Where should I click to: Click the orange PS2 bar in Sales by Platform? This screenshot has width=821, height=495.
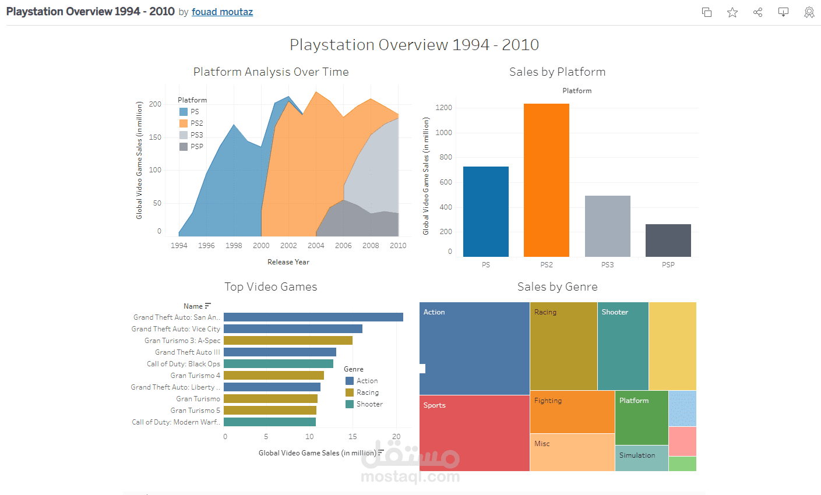tap(546, 181)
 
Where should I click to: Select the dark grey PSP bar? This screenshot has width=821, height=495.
tap(668, 241)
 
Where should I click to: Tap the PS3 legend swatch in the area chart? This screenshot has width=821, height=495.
tap(184, 135)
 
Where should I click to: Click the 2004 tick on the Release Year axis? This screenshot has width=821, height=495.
tap(316, 246)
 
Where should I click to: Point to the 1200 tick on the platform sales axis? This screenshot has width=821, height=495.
tap(443, 108)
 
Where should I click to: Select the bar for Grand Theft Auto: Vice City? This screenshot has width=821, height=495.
tap(293, 329)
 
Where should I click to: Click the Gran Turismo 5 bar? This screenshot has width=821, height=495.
tap(270, 411)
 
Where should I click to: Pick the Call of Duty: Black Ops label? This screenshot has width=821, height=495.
tap(184, 364)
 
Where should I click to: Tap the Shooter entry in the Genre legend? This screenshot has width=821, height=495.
tap(369, 404)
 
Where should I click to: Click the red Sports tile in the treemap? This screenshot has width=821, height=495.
tap(474, 434)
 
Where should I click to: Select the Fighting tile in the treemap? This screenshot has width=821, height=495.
tap(572, 412)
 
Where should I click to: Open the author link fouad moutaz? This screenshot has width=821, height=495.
tap(222, 12)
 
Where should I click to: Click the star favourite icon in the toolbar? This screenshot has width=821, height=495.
tap(732, 12)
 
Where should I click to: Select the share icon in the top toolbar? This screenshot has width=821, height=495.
tap(757, 12)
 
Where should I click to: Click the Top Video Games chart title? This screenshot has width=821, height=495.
tap(271, 287)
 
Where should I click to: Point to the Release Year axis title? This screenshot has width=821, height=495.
tap(288, 262)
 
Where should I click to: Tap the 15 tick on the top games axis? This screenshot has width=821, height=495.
tap(353, 437)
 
